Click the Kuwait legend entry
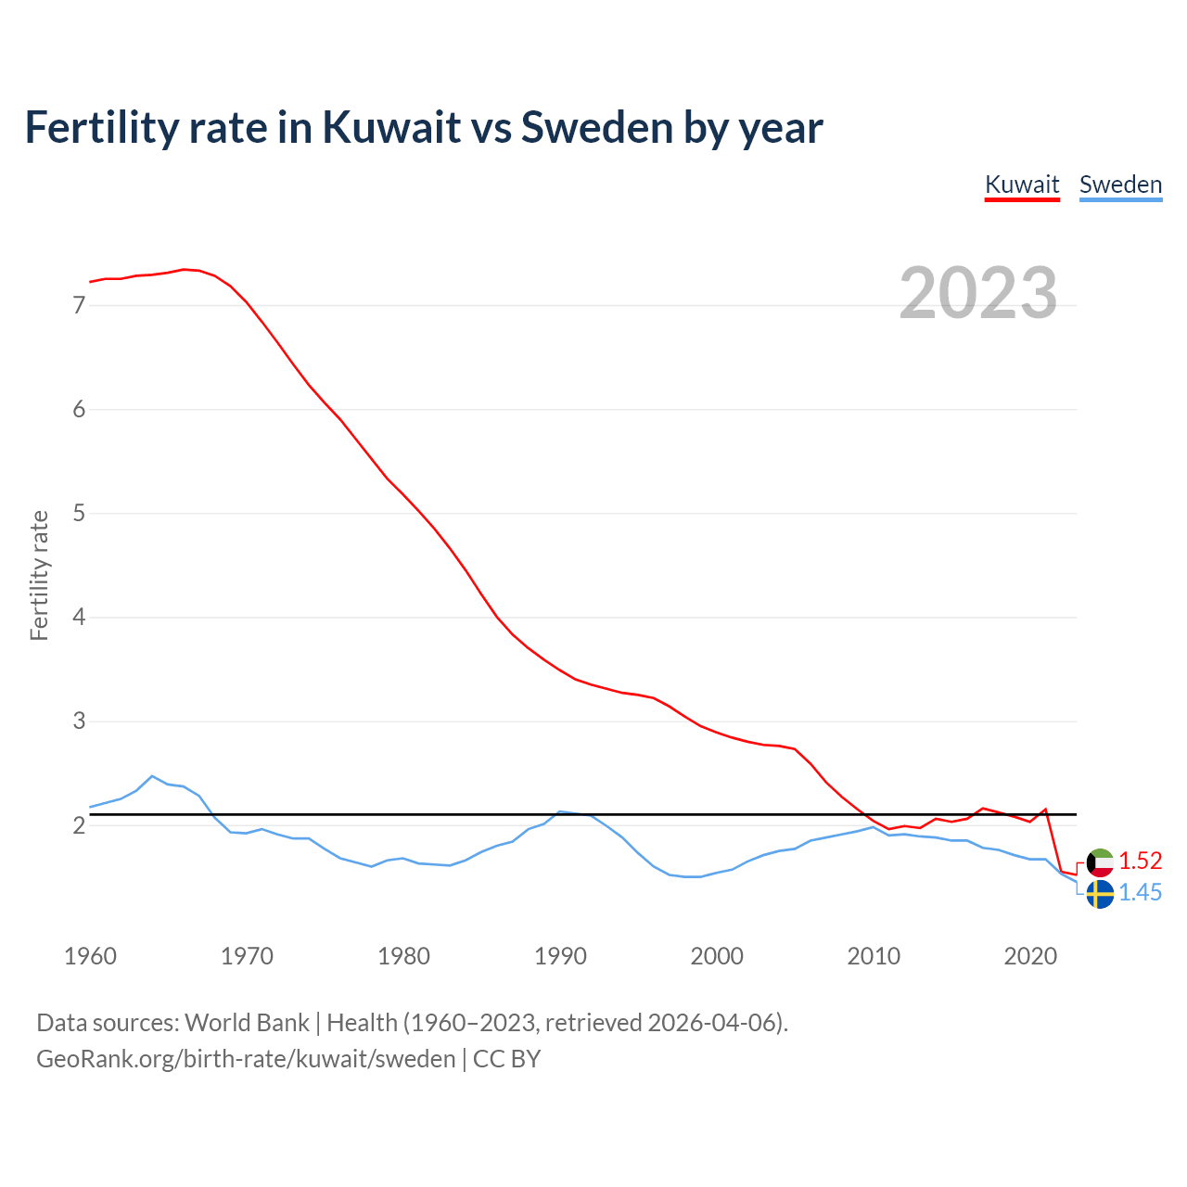[x=1021, y=185]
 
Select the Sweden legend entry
[x=1120, y=185]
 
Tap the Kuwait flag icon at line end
[x=1100, y=862]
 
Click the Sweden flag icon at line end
[x=1100, y=894]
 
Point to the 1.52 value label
[x=1140, y=861]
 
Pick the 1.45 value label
[x=1140, y=892]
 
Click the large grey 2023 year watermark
[x=978, y=293]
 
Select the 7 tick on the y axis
[x=79, y=305]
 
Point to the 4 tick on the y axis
[x=79, y=617]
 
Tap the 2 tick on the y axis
[x=79, y=824]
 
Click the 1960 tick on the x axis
[x=90, y=956]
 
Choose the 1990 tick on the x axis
[x=560, y=956]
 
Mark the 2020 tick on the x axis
[x=1030, y=956]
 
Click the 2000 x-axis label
[x=717, y=956]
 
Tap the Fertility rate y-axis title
[x=39, y=575]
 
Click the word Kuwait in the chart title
[x=391, y=127]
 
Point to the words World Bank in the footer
[x=247, y=1023]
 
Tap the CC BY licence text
[x=506, y=1059]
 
